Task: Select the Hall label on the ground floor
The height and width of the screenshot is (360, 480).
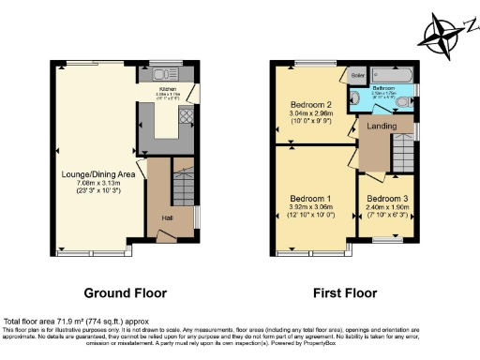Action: tap(166, 217)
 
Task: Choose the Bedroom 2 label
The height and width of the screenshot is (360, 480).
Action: tap(311, 104)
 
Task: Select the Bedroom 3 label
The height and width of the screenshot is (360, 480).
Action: tap(385, 199)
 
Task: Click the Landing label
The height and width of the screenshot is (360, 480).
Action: tap(379, 127)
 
